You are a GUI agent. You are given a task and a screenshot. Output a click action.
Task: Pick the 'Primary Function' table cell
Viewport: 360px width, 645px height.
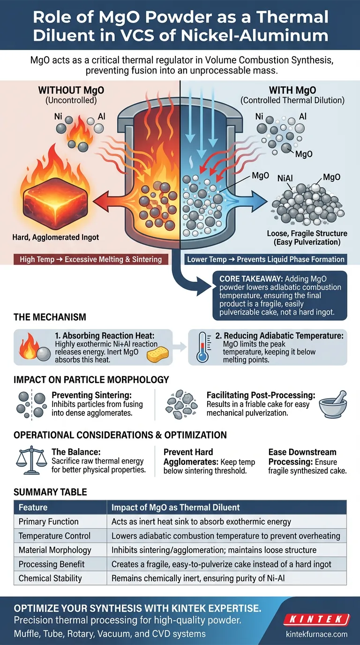[x=48, y=522]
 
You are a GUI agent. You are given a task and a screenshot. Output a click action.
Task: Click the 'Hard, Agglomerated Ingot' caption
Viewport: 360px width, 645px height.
[x=56, y=238]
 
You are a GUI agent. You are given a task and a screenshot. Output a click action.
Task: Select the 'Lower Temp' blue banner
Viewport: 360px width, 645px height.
[x=266, y=259]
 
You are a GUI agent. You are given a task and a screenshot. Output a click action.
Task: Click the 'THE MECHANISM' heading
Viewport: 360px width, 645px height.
[x=50, y=317]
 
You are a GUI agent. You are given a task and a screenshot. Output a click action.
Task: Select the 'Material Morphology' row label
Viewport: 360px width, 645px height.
[x=55, y=550]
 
